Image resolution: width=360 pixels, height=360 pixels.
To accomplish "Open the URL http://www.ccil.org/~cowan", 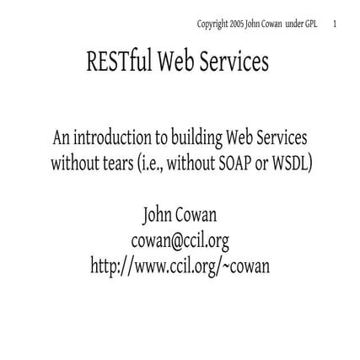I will click(x=180, y=266).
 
